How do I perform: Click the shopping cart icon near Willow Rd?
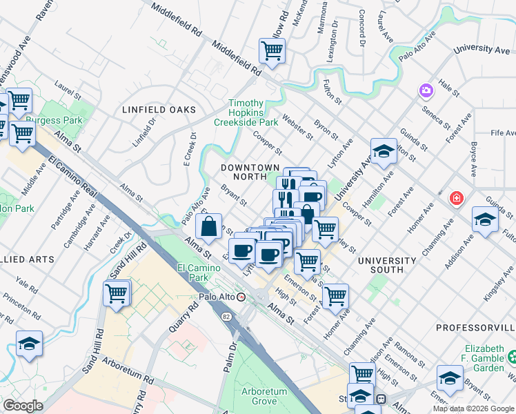[x=272, y=50]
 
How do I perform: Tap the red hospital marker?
[x=456, y=199]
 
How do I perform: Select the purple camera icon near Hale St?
[x=426, y=90]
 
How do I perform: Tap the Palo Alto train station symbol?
[x=241, y=297]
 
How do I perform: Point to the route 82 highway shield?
[x=226, y=316]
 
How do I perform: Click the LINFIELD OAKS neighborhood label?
[x=159, y=110]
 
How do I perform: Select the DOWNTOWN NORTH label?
[x=250, y=172]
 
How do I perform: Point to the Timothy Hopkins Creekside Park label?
[x=246, y=112]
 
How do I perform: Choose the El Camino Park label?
[x=192, y=272]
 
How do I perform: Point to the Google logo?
[x=23, y=405]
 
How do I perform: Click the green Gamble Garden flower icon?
[x=511, y=357]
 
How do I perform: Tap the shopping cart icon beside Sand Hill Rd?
[x=117, y=293]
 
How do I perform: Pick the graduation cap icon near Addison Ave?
[x=486, y=219]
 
